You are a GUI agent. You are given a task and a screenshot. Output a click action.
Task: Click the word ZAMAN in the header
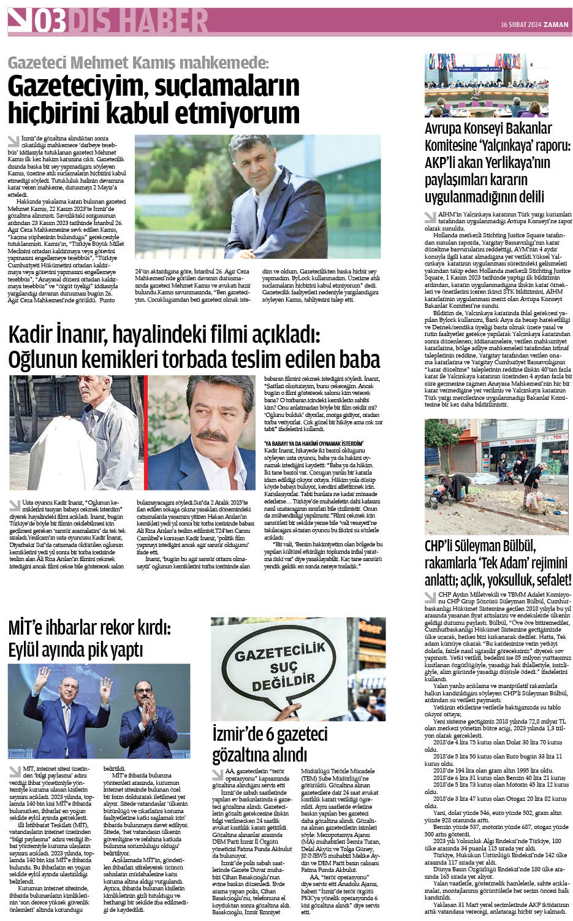click(558, 25)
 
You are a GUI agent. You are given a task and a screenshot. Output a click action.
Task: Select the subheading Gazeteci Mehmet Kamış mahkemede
click(137, 63)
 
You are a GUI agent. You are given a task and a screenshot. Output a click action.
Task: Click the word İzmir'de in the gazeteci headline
click(240, 734)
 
